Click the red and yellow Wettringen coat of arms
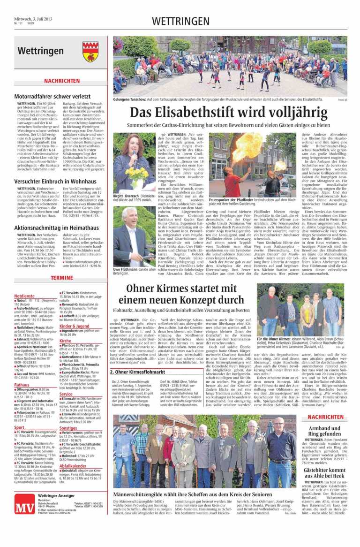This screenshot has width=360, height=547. pos(90,51)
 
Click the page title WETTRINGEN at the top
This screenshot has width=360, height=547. pos(180,21)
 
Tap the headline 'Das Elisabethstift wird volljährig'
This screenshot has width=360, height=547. pos(230,113)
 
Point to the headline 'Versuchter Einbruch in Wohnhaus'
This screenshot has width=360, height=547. pos(55,181)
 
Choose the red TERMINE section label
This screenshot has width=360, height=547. pos(62,278)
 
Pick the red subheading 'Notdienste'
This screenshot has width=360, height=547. pos(24,296)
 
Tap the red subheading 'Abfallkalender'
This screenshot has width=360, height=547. pos(73,466)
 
